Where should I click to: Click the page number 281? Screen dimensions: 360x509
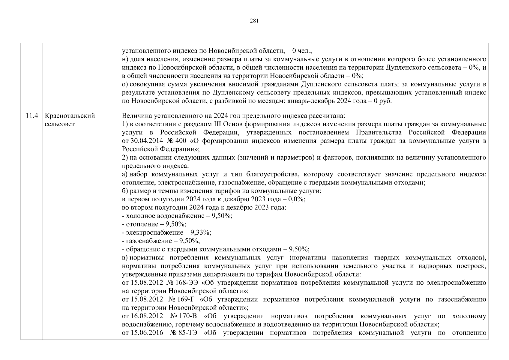click(x=254, y=21)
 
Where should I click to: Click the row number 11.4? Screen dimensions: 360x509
click(x=31, y=116)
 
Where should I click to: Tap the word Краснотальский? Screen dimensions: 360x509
click(x=70, y=116)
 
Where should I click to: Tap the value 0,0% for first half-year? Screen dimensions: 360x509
click(x=297, y=199)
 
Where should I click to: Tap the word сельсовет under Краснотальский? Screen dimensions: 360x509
click(x=59, y=124)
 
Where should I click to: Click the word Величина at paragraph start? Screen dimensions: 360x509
click(x=134, y=116)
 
